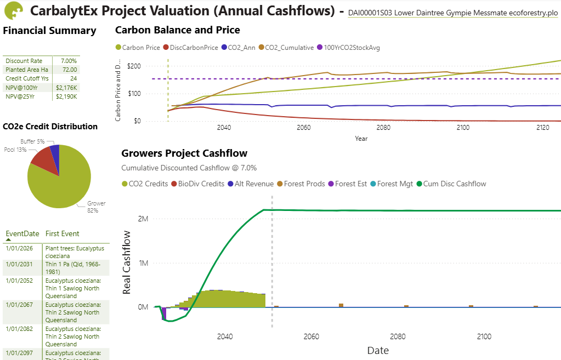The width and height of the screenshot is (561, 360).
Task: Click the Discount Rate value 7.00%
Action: pyautogui.click(x=69, y=61)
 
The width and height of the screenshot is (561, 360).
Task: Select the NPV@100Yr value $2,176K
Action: pyautogui.click(x=66, y=87)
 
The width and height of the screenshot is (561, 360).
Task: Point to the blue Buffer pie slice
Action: pyautogui.click(x=55, y=150)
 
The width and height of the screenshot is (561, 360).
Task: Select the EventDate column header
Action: pyautogui.click(x=22, y=233)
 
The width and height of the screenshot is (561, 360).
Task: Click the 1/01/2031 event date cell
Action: pyautogui.click(x=19, y=264)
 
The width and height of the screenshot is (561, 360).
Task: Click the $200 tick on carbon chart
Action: pyautogui.click(x=134, y=66)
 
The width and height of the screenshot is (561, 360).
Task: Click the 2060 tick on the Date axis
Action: pyautogui.click(x=311, y=336)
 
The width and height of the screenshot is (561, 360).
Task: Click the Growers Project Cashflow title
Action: pyautogui.click(x=184, y=153)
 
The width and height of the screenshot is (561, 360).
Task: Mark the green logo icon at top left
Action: pyautogui.click(x=13, y=11)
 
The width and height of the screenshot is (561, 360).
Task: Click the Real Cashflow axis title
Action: pyautogui.click(x=127, y=262)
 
